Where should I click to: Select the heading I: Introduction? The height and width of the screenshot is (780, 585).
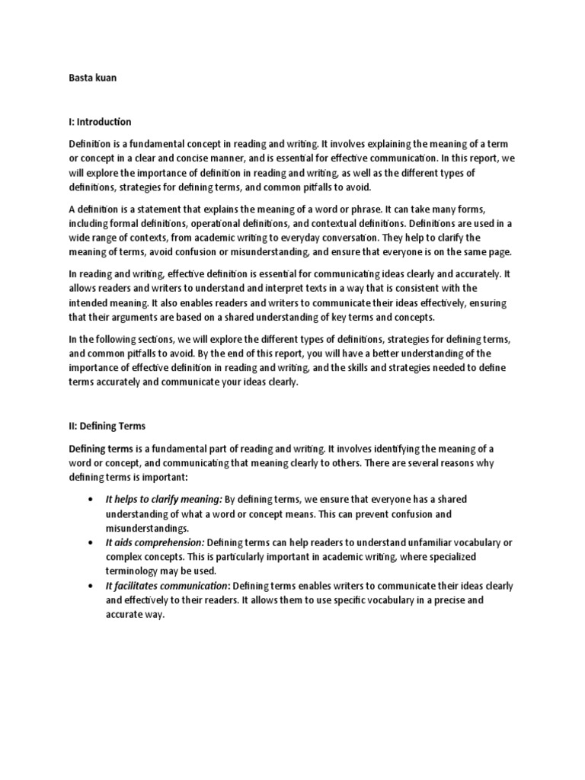[x=100, y=122]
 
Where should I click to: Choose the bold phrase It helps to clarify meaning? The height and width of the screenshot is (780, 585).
[x=164, y=499]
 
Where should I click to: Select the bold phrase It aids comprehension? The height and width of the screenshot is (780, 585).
[x=155, y=542]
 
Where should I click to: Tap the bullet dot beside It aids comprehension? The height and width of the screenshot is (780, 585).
[x=91, y=542]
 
